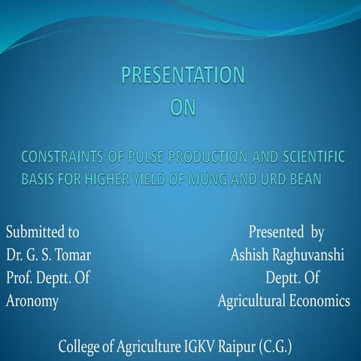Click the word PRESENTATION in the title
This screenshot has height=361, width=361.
[183, 75]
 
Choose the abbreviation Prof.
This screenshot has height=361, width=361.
[20, 279]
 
